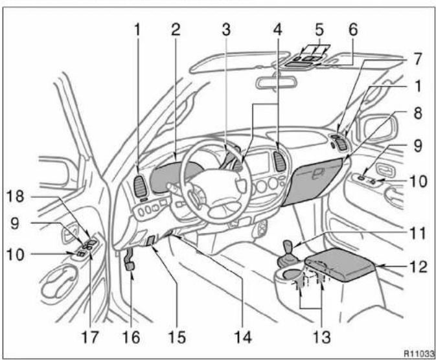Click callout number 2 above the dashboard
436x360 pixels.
[176, 30]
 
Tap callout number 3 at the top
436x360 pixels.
[226, 30]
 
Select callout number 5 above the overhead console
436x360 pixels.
[319, 30]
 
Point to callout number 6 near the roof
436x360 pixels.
[353, 30]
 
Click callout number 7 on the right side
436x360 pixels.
[417, 59]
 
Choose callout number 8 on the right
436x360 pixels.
[418, 113]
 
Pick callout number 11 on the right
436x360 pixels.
[417, 234]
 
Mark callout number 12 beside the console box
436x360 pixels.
[418, 267]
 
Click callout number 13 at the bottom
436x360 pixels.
[322, 337]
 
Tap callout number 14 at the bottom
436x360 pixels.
[243, 337]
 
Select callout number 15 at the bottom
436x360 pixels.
[177, 337]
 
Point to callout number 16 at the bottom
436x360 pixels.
[132, 337]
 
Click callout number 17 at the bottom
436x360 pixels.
[90, 337]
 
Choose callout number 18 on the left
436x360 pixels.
[16, 196]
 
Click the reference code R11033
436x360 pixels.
[419, 354]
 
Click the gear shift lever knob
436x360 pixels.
[288, 245]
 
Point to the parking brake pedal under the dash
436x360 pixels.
[130, 265]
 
